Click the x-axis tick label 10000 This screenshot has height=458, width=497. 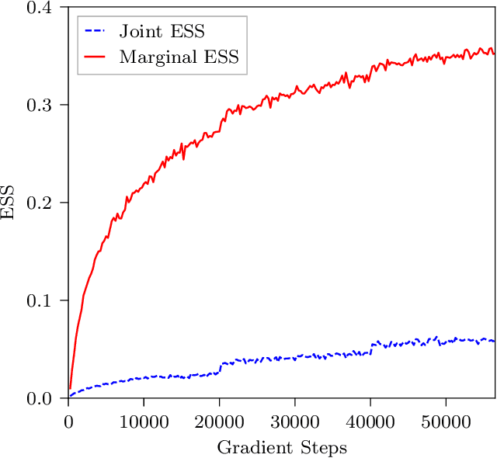[144, 420]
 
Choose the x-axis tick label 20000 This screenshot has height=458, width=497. [219, 420]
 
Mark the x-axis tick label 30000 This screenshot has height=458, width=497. [294, 420]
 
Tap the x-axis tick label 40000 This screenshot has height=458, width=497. [370, 420]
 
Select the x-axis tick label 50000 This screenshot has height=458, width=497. [446, 420]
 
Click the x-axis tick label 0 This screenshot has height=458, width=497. [68, 420]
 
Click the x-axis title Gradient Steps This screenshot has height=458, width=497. [281, 447]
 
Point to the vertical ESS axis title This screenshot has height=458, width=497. [9, 203]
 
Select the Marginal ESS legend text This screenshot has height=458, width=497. [179, 57]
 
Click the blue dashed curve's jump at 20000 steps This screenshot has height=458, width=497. [220, 367]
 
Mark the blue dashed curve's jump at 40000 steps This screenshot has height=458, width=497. [371, 347]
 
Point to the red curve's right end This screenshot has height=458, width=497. [494, 53]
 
